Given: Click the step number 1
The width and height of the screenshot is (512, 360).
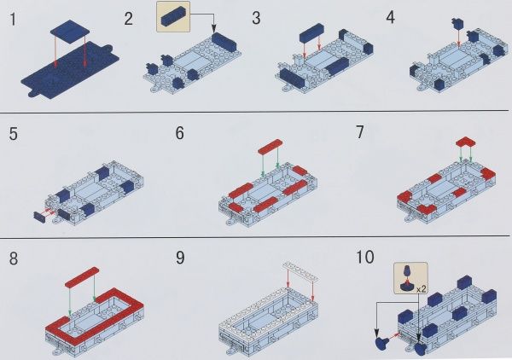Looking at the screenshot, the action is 13,19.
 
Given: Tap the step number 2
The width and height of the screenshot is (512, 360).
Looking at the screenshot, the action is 129,19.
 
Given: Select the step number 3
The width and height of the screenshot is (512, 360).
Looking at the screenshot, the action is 256,18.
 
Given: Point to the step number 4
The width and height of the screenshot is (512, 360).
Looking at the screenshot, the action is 391,17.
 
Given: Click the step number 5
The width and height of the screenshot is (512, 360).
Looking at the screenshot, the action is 14,134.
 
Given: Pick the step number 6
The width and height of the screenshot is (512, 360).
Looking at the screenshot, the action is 179,133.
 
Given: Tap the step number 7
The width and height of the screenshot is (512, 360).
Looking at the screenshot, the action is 359,132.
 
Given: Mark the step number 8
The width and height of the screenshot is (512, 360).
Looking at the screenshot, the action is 14,258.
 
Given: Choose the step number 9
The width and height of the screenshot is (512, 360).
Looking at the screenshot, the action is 180,258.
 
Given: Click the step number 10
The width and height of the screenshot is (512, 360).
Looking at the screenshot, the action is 364,257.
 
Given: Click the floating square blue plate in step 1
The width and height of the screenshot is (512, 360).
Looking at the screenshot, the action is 70,28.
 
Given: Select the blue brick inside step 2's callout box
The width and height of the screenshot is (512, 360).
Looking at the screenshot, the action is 173,16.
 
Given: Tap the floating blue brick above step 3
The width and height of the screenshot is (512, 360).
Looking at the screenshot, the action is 311,33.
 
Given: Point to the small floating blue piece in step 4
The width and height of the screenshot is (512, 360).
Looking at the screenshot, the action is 457,23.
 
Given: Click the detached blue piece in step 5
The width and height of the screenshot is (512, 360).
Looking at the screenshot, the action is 39,217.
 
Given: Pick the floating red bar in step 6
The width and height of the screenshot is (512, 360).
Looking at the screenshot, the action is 270,147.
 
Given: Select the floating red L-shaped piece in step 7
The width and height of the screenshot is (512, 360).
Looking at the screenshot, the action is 466,142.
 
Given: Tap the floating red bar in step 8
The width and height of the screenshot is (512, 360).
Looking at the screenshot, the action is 82,277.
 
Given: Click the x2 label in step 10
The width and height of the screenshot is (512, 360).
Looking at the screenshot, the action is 422,289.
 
